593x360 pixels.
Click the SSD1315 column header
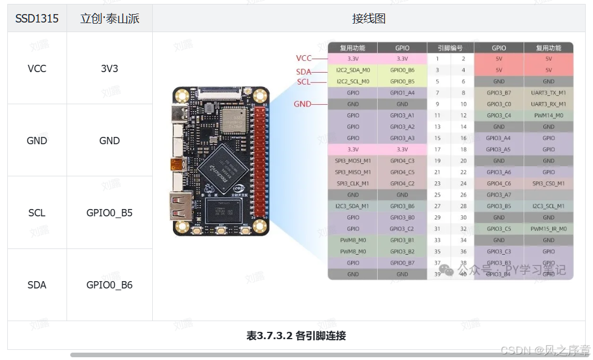pyautogui.click(x=37, y=19)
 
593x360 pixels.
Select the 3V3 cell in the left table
pyautogui.click(x=109, y=69)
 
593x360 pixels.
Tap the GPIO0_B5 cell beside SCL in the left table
pyautogui.click(x=109, y=213)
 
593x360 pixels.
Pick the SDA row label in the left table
pyautogui.click(x=37, y=285)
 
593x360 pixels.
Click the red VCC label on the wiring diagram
pyautogui.click(x=304, y=59)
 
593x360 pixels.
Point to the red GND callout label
pyautogui.click(x=302, y=104)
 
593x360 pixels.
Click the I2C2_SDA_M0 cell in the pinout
pyautogui.click(x=353, y=70)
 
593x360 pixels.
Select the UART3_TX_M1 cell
pyautogui.click(x=548, y=93)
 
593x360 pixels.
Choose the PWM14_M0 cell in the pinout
pyautogui.click(x=548, y=115)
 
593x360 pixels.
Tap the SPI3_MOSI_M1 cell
pyautogui.click(x=353, y=161)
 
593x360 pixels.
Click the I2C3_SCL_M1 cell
pyautogui.click(x=548, y=206)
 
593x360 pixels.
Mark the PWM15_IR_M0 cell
pyautogui.click(x=548, y=229)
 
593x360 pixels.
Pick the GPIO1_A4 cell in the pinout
pyautogui.click(x=402, y=93)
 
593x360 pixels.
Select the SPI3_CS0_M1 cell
pyautogui.click(x=548, y=184)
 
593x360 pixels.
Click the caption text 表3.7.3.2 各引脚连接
pyautogui.click(x=296, y=336)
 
